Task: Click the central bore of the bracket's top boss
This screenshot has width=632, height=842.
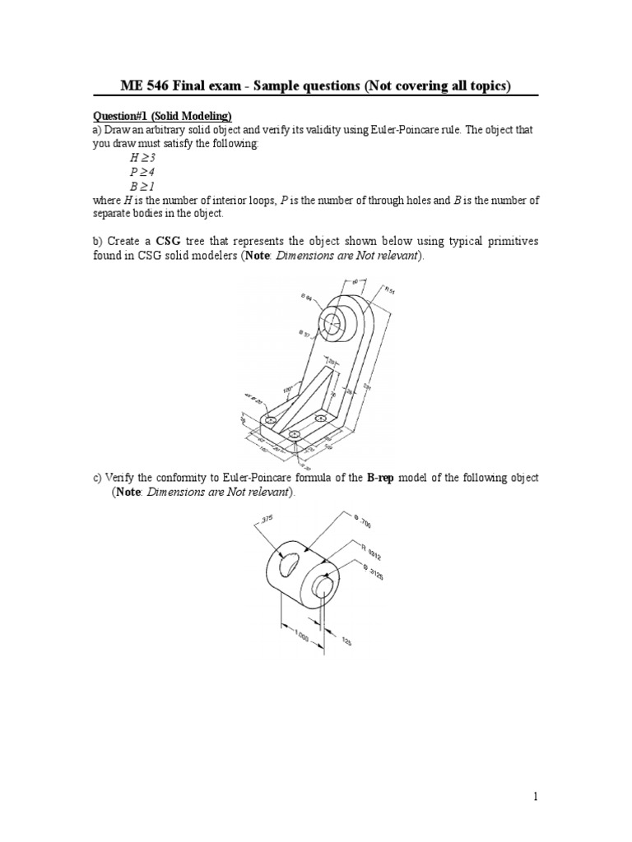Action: (x=332, y=323)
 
